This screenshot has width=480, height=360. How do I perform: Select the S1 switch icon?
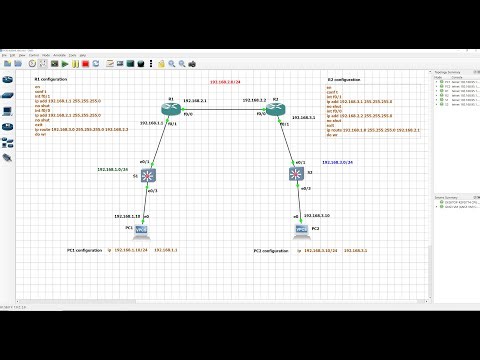(x=150, y=177)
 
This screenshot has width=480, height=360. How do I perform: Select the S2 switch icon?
(x=297, y=175)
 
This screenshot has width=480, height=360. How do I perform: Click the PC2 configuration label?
(x=272, y=250)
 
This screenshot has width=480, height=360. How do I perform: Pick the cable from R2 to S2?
(x=289, y=141)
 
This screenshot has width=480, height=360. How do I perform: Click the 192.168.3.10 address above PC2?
(x=313, y=215)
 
